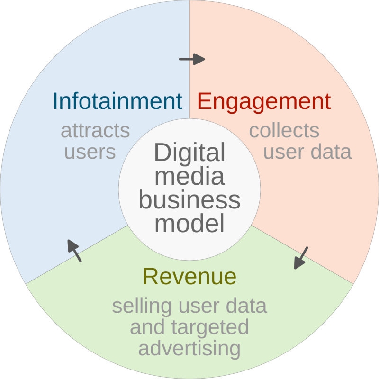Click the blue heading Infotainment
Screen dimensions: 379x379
coord(117,101)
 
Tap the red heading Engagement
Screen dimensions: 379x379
coord(264,102)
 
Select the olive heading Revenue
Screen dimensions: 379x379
coord(189,277)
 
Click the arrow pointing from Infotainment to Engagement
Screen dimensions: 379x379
coord(192,59)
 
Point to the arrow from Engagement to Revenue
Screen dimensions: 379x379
coord(301,258)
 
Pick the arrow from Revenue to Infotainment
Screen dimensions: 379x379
coord(74,251)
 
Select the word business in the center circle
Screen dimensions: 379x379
coord(189,200)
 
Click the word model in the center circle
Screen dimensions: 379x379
coord(189,223)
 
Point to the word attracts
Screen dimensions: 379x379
coord(95,131)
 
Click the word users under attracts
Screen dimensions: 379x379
coord(90,152)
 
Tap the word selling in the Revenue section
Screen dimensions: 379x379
coord(142,307)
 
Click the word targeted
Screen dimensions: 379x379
coord(210,328)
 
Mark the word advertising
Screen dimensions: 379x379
coord(189,349)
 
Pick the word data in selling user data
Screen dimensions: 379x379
coord(246,306)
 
